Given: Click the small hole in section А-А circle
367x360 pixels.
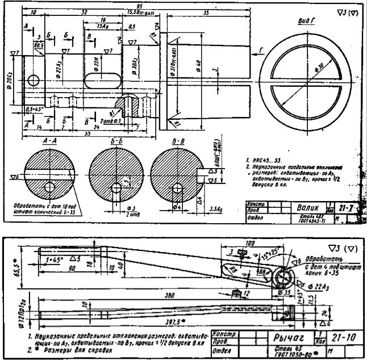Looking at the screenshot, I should (49, 186).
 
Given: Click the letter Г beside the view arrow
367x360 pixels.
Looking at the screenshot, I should (260, 51).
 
